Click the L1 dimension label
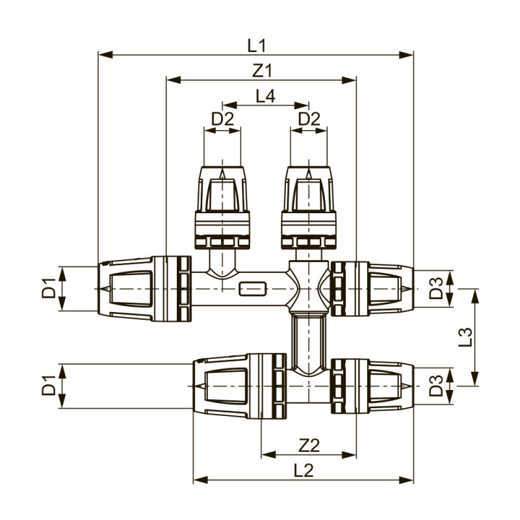257,45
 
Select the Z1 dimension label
261,70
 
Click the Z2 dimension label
309,445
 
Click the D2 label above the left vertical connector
222,119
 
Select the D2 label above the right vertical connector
309,119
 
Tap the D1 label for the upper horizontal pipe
49,288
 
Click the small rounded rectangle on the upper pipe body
252,288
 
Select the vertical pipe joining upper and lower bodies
305,341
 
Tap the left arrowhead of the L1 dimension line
103,55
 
